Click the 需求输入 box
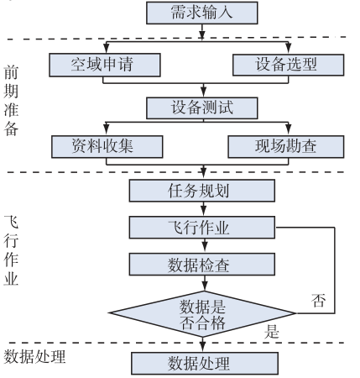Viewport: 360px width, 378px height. (202, 13)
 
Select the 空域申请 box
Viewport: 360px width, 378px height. (105, 65)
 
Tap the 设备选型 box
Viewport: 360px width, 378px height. (289, 65)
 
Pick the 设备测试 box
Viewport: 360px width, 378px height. (202, 108)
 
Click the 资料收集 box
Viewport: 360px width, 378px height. (107, 147)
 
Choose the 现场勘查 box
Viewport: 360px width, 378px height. (286, 147)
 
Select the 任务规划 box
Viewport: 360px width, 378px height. (202, 191)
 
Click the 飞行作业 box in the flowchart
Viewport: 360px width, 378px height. (202, 228)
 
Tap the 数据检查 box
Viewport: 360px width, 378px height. (202, 265)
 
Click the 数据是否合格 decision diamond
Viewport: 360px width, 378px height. (202, 313)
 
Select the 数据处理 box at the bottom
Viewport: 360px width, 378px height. (205, 364)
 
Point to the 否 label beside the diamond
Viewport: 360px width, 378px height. (319, 300)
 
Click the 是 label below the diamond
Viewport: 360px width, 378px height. (272, 332)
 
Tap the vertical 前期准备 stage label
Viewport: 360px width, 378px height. (11, 101)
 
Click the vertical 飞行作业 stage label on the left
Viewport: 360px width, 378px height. (11, 250)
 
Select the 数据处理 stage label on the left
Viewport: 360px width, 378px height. (34, 356)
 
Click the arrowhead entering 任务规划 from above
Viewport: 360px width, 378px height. (204, 174)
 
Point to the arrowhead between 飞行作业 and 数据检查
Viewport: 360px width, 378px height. (205, 248)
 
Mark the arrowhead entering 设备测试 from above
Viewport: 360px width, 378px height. (204, 92)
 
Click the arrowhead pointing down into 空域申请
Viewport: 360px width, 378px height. (106, 48)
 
